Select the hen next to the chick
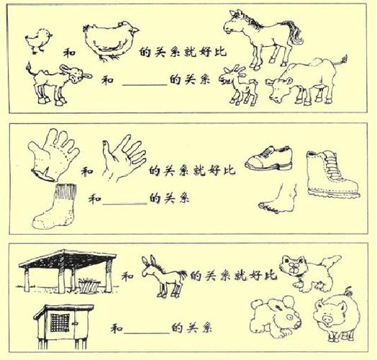(110, 40)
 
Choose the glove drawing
(53, 154)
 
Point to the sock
(60, 204)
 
